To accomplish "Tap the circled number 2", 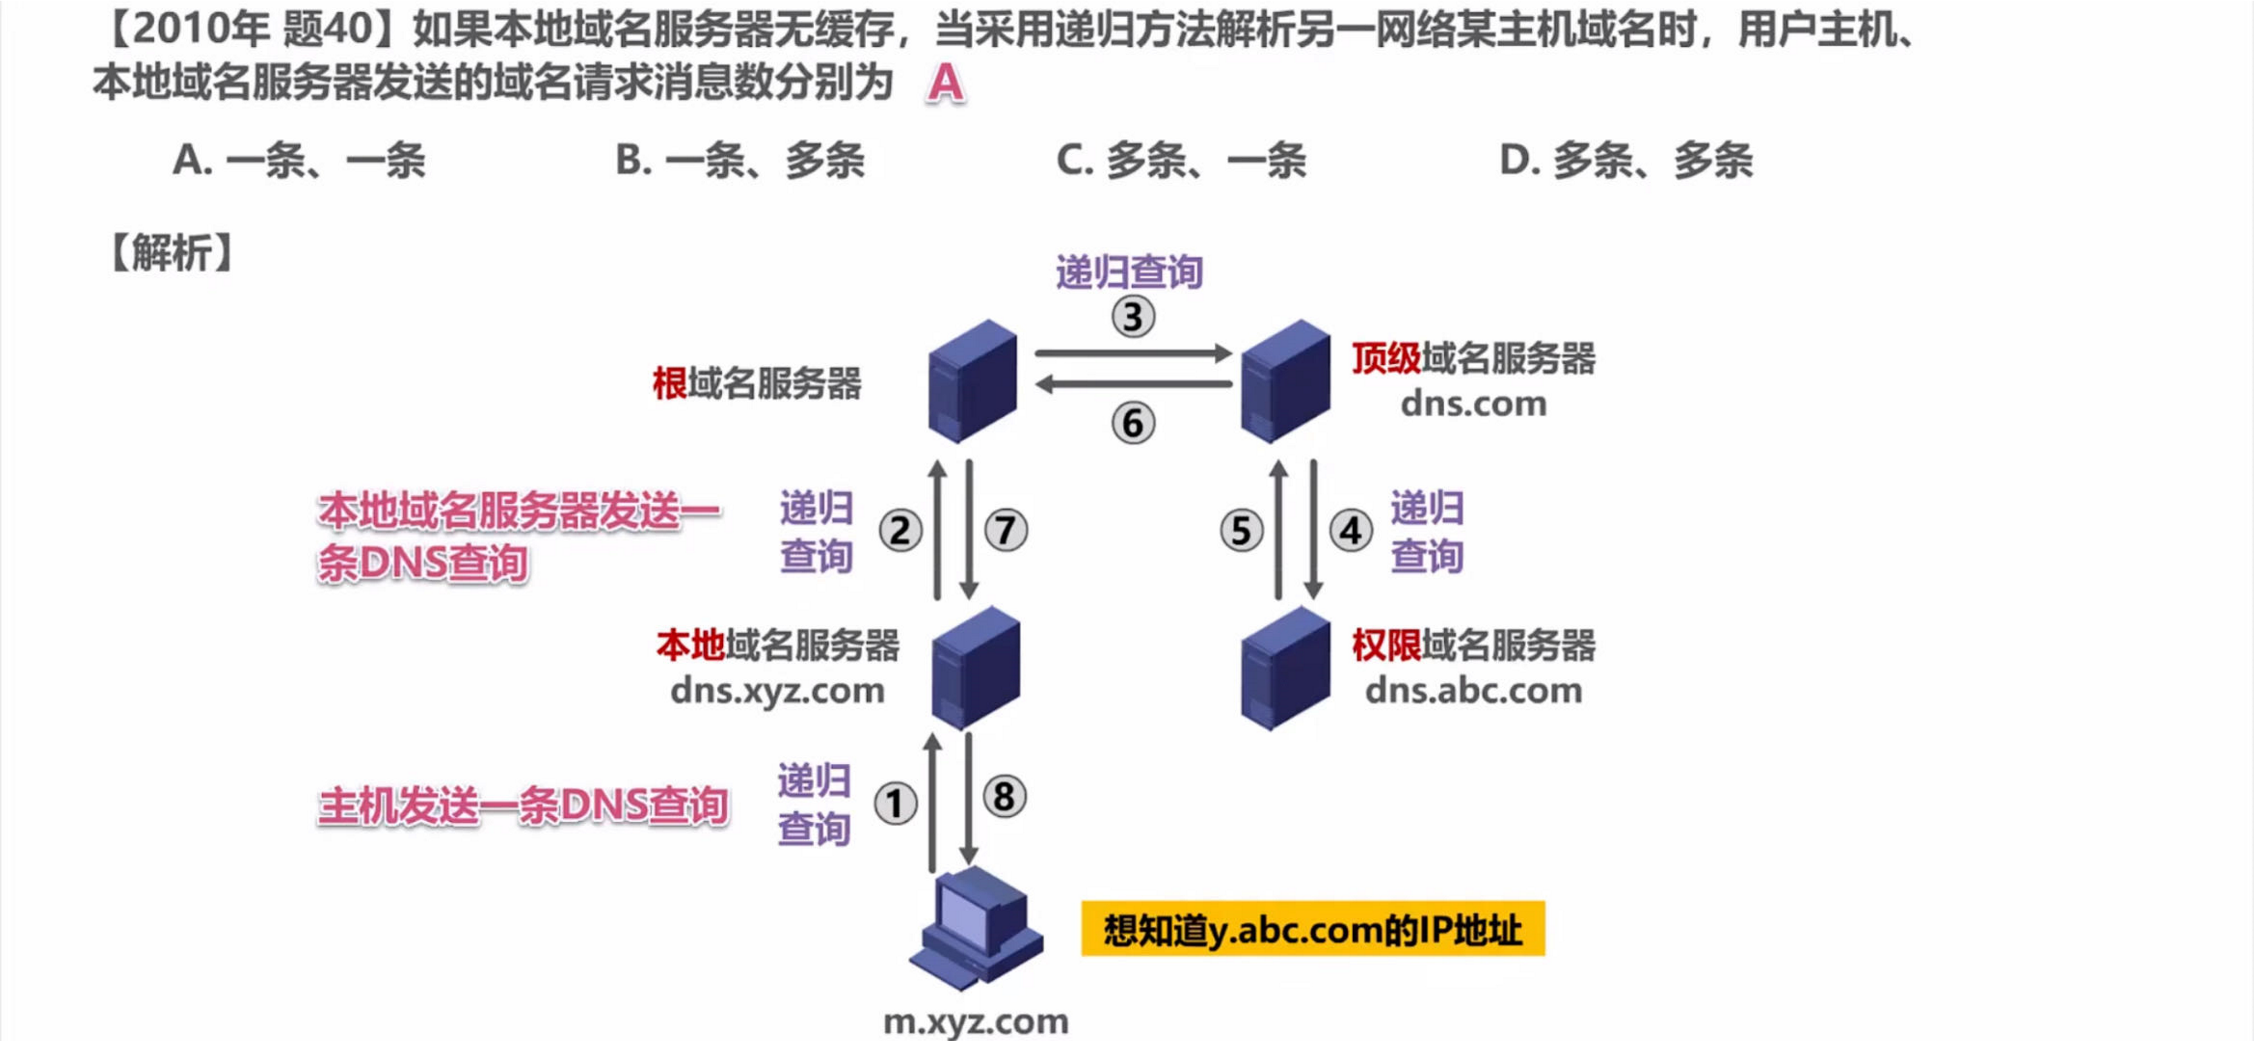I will [x=900, y=531].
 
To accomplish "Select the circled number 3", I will [x=1133, y=317].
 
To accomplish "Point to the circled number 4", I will [x=1350, y=531].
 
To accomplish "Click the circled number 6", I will [x=1133, y=423].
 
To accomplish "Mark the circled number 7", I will [x=1005, y=531].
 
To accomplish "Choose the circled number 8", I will [x=1004, y=797].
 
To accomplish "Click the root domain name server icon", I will [x=972, y=382].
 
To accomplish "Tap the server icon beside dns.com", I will [x=1285, y=382].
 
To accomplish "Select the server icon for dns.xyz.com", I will [x=976, y=668].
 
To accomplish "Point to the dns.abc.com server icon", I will [x=1285, y=668].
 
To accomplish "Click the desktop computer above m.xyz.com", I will [x=976, y=927].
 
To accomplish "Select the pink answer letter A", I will [x=945, y=84].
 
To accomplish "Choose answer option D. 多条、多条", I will [x=1626, y=160].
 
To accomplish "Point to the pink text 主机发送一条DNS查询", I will [x=523, y=805].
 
